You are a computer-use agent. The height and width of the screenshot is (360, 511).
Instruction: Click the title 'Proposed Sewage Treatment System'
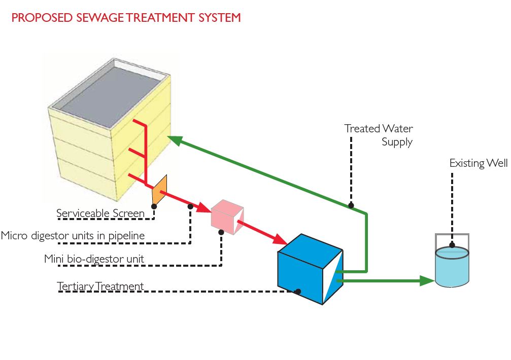coord(126,18)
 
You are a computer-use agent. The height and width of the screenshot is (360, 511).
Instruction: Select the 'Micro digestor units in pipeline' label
coord(73,236)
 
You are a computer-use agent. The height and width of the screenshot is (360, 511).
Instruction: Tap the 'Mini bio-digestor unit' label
coord(94,259)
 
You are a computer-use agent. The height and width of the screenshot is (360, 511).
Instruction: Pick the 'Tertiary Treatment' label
coord(100,286)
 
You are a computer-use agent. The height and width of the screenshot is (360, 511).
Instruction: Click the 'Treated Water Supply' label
coord(379,135)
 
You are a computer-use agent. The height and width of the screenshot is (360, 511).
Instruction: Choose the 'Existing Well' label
coord(479,163)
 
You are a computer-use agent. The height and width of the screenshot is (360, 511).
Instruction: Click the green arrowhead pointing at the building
coord(176,139)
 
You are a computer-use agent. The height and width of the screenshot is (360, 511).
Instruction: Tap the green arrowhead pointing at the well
coord(428,280)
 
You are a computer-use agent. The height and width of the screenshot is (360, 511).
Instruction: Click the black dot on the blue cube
coord(298,292)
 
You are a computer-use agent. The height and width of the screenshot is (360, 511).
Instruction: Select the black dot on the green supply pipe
coord(351,205)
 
